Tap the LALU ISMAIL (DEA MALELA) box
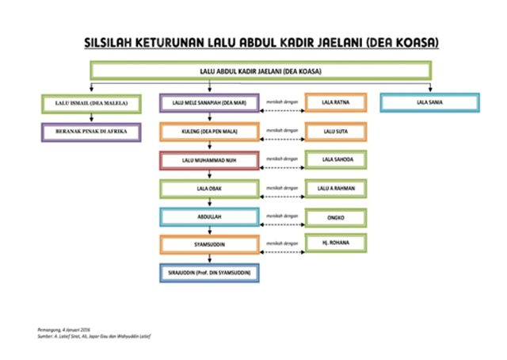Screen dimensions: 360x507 click(x=90, y=103)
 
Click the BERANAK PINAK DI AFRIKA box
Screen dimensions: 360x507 click(x=90, y=131)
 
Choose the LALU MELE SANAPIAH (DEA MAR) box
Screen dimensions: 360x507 click(x=210, y=103)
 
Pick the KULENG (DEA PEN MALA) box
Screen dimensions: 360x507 click(x=210, y=131)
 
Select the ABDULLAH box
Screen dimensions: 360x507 click(x=210, y=216)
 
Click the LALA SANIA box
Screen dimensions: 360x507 click(x=429, y=103)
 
